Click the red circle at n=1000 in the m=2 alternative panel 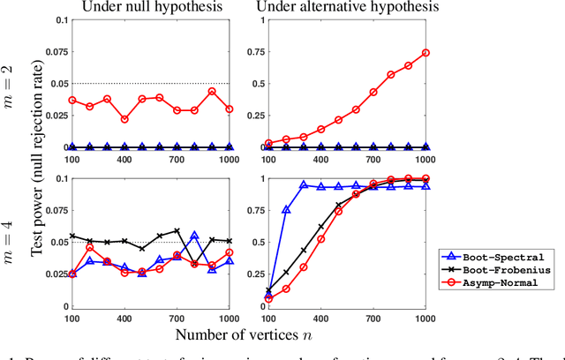tap(426, 53)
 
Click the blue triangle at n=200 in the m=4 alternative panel tap(286, 210)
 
